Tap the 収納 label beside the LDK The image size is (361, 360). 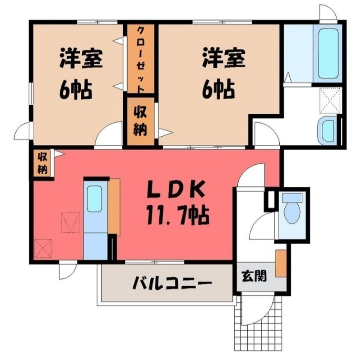tap(43, 163)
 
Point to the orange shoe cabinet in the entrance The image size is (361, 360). tap(281, 263)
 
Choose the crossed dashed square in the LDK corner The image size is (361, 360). tap(43, 248)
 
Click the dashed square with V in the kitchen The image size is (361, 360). tap(71, 222)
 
